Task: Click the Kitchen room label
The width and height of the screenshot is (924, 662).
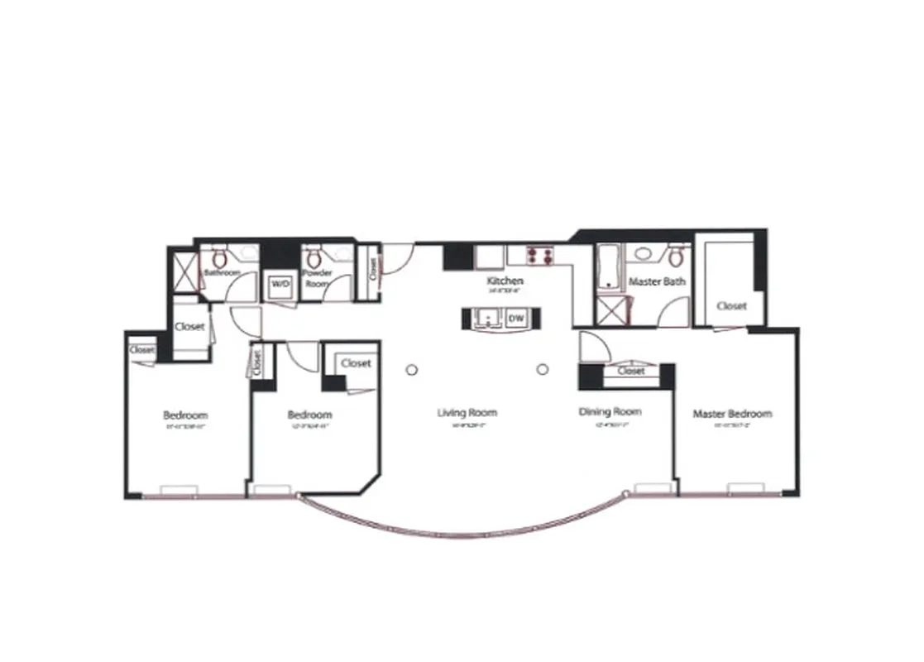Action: tap(505, 281)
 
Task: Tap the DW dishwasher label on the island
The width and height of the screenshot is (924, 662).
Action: tap(515, 319)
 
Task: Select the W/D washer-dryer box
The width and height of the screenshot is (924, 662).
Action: tap(281, 285)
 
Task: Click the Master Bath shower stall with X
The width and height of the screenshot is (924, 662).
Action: tap(613, 312)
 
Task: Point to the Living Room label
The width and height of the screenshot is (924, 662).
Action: tap(467, 412)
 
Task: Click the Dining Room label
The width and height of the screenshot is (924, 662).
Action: tap(610, 411)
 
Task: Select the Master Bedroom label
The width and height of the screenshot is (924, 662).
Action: tap(732, 414)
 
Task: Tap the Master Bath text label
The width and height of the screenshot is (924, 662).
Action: tap(658, 282)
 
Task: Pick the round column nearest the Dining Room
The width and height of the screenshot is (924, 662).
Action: tap(543, 369)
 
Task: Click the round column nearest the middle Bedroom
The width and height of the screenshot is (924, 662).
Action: tap(411, 370)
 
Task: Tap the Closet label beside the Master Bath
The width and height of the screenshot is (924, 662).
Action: tap(731, 305)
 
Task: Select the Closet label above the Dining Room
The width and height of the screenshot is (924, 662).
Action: tap(631, 372)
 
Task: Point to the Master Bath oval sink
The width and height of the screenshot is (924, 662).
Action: tap(644, 252)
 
